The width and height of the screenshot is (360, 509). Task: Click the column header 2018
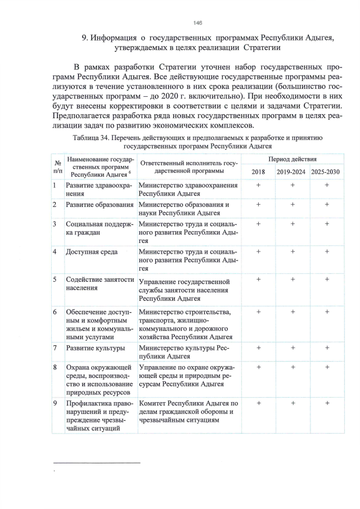tap(258, 172)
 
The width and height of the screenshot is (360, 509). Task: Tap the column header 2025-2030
tap(326, 172)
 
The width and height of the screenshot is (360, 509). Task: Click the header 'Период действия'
tap(292, 160)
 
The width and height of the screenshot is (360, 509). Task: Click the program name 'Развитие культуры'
tap(95, 348)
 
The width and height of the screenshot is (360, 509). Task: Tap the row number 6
tap(55, 312)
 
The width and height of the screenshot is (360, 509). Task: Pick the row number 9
tap(55, 403)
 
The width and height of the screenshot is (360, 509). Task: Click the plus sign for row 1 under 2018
tap(258, 185)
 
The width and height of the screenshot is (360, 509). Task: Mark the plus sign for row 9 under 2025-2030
tap(327, 403)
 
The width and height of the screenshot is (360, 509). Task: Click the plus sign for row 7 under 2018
tap(258, 348)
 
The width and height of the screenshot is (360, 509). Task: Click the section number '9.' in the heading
tap(86, 38)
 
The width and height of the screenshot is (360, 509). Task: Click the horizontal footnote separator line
tap(96, 462)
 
